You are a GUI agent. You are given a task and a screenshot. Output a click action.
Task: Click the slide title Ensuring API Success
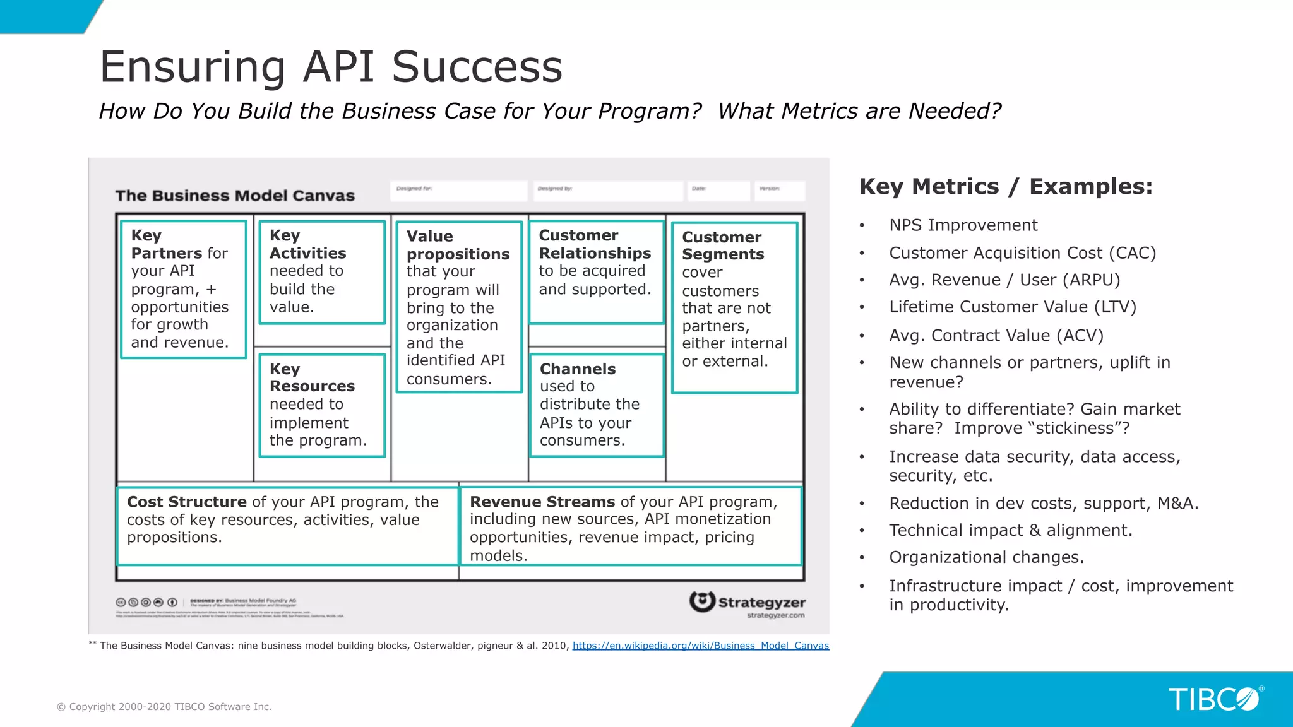(x=331, y=67)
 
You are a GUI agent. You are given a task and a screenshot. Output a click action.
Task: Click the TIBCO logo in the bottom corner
(x=1213, y=699)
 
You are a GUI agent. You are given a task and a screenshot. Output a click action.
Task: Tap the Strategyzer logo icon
(x=702, y=601)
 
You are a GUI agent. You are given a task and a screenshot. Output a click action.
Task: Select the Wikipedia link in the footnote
(x=700, y=646)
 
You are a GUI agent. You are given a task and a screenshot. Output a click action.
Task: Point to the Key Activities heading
(x=307, y=245)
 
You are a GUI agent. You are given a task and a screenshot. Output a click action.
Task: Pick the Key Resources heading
(x=312, y=377)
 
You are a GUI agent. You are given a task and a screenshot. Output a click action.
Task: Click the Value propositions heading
(x=457, y=245)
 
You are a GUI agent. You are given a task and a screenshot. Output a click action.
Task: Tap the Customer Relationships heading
(x=594, y=244)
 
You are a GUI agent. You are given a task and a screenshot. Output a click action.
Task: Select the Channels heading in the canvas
(x=577, y=369)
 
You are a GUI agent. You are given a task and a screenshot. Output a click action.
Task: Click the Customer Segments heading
(x=722, y=246)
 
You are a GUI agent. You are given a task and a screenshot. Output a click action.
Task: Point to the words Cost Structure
(x=186, y=502)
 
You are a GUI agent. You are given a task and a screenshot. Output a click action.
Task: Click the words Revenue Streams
(x=542, y=502)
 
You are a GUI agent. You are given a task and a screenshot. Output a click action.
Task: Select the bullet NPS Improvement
(x=963, y=225)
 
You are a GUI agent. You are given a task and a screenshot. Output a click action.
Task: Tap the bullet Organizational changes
(x=986, y=558)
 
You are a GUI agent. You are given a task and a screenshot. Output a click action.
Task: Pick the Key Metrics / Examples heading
(x=1006, y=187)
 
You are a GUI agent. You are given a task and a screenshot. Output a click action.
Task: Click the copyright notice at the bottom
(x=164, y=707)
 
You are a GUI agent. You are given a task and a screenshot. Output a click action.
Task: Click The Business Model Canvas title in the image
(x=235, y=196)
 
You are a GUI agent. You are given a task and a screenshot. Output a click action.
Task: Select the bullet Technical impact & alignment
(x=1010, y=531)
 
